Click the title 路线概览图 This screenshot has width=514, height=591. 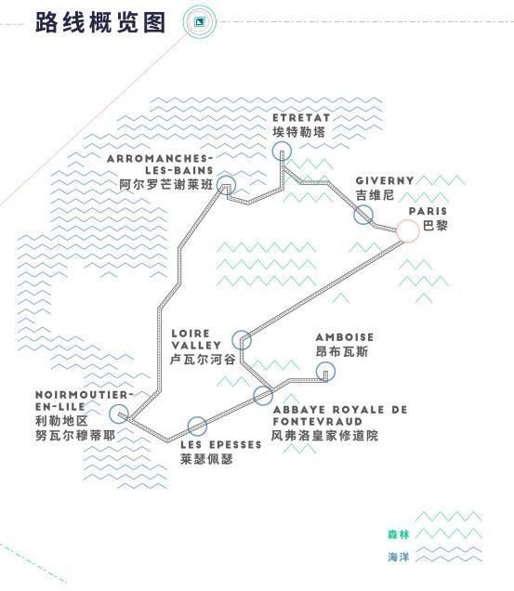pos(100,22)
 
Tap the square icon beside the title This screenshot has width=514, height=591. pos(199,21)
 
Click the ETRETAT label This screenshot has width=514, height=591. pos(301,118)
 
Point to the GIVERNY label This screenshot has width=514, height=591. pos(385,181)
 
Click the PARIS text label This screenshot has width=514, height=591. pos(428,211)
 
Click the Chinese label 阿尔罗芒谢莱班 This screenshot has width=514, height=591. pos(166,185)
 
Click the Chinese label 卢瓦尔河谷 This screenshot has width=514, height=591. pos(203,360)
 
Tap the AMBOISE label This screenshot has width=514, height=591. pos(345,337)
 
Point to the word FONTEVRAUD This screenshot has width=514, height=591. pos(318,422)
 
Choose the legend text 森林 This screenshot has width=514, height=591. pos(398,534)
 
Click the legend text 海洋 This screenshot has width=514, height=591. pos(398,557)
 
